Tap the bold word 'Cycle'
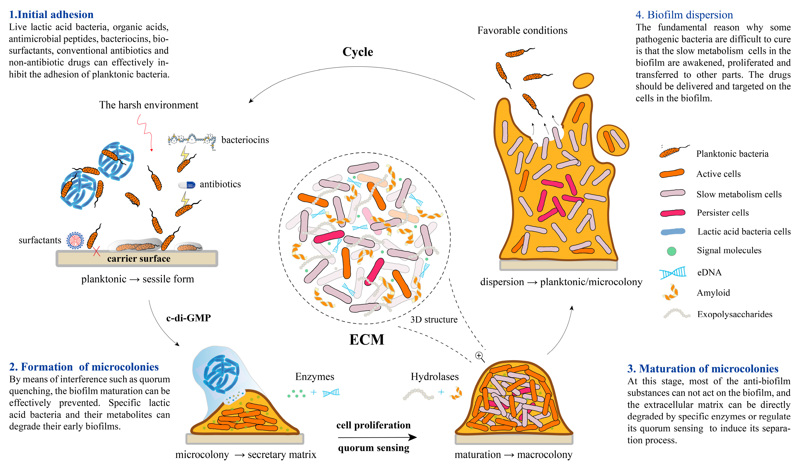click(x=358, y=52)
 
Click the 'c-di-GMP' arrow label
click(x=189, y=318)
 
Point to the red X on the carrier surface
click(x=97, y=251)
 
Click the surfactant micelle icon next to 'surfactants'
click(x=75, y=241)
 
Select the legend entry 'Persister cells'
click(x=723, y=213)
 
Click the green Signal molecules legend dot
click(x=671, y=251)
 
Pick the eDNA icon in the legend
click(x=673, y=272)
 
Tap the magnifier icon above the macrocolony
click(x=479, y=356)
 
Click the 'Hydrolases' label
click(x=434, y=377)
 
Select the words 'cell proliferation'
click(x=373, y=425)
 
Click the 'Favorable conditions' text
click(x=522, y=30)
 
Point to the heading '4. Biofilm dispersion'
click(x=684, y=15)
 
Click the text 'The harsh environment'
click(x=148, y=105)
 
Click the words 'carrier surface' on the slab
click(x=139, y=259)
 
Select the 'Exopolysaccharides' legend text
click(x=735, y=314)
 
